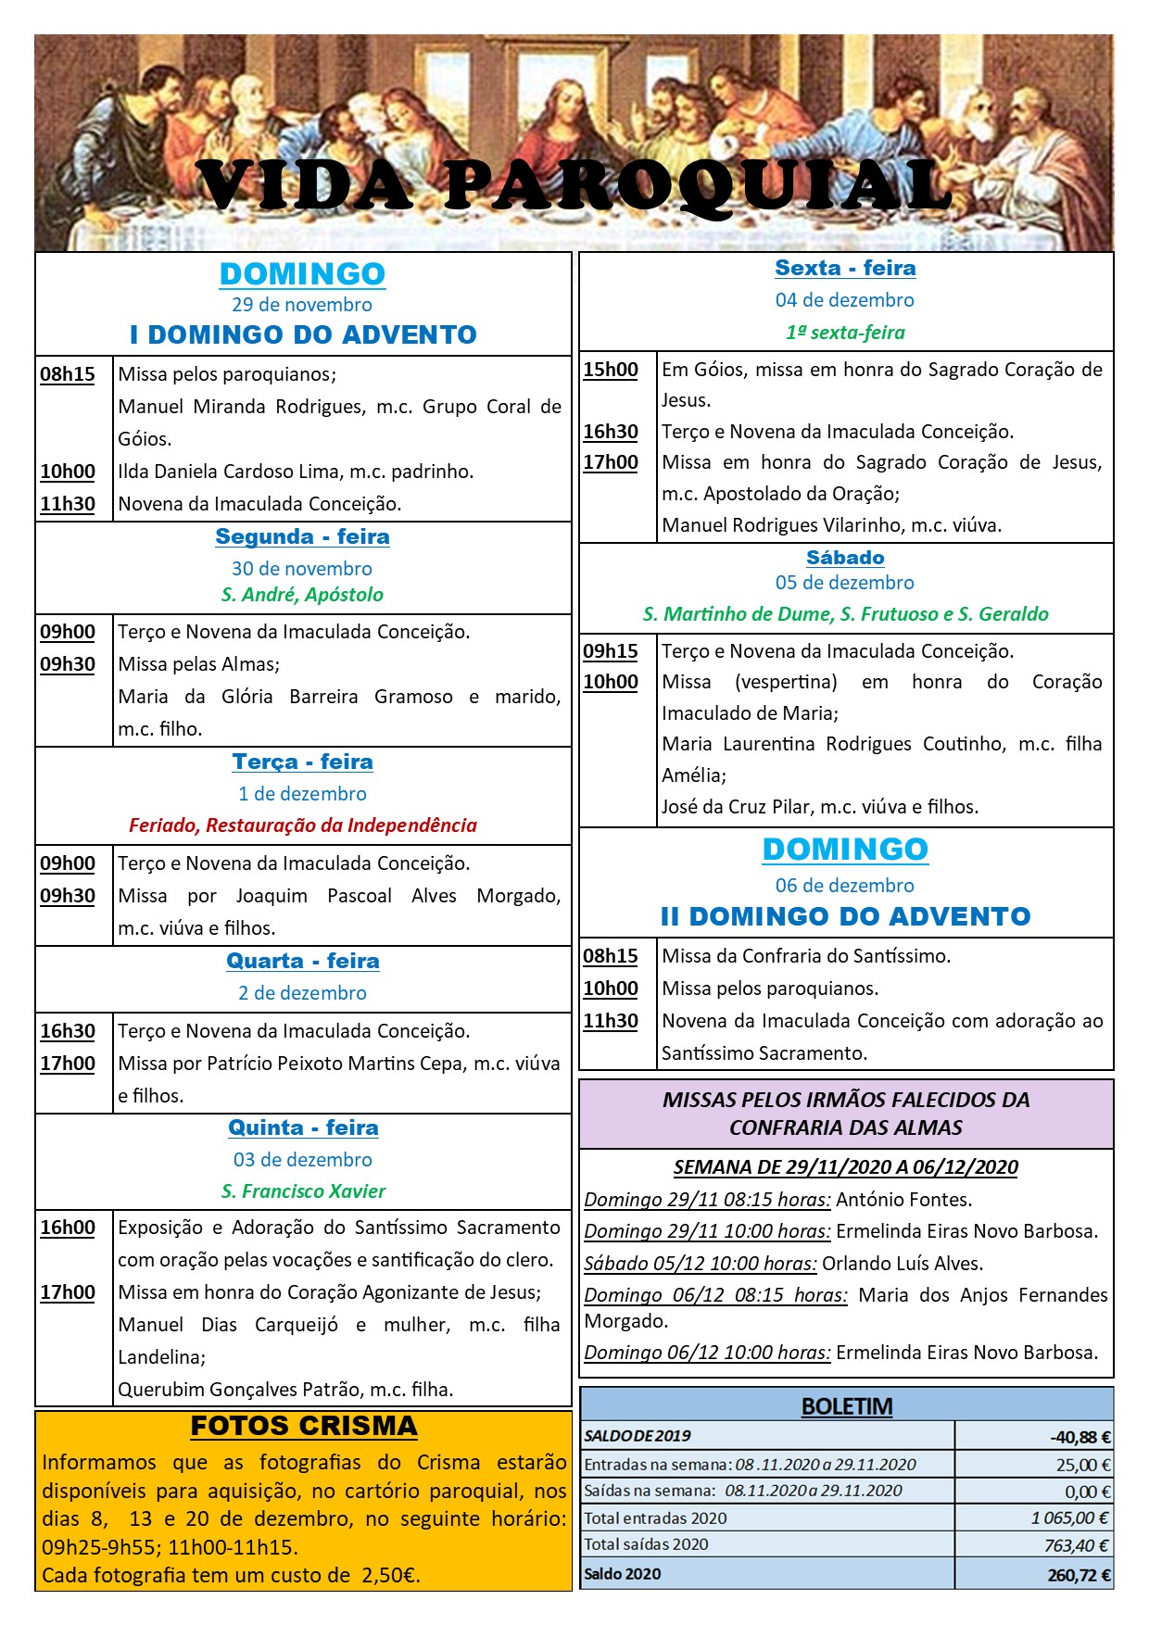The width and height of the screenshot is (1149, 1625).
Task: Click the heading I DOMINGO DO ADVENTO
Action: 303,334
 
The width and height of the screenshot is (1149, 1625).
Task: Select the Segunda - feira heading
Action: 303,536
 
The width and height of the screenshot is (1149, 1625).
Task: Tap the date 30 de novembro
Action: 302,568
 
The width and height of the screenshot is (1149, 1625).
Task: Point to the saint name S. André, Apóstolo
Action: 302,595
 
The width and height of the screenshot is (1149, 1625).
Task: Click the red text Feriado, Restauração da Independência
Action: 303,825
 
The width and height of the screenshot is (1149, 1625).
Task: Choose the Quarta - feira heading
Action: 303,961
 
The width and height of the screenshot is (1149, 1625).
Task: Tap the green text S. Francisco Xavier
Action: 303,1190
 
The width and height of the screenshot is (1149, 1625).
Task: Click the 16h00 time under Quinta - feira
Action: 68,1228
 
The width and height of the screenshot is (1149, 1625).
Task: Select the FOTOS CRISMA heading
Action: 304,1426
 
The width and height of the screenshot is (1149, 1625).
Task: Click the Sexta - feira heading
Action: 845,268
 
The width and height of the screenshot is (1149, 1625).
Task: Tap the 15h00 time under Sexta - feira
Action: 611,370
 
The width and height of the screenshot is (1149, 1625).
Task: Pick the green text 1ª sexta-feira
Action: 845,332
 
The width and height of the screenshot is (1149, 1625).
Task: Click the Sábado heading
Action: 845,557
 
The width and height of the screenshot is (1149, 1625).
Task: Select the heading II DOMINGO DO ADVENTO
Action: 845,916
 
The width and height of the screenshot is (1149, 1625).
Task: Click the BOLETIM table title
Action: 847,1406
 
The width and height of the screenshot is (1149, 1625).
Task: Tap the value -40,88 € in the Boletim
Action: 1080,1437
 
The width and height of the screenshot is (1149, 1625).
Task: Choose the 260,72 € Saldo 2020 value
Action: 1080,1575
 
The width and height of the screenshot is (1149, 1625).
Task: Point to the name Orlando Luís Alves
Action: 902,1263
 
